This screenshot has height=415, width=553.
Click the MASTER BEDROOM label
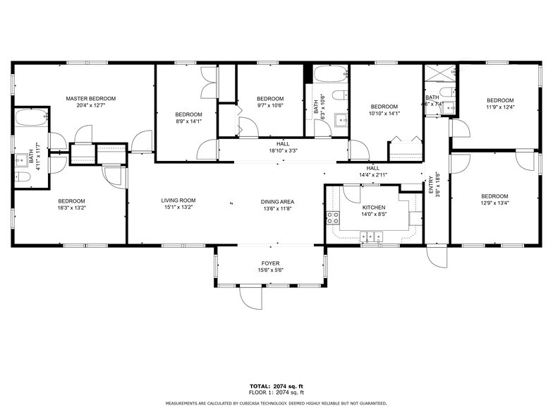point(90,99)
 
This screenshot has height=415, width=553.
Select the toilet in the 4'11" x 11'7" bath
point(22,177)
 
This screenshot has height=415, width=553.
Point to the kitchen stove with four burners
point(332,218)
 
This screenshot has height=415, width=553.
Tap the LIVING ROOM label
point(178,200)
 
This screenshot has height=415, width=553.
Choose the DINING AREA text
point(277,201)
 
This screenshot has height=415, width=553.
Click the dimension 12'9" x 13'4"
point(494,204)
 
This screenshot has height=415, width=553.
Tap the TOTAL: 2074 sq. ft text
point(276,386)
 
